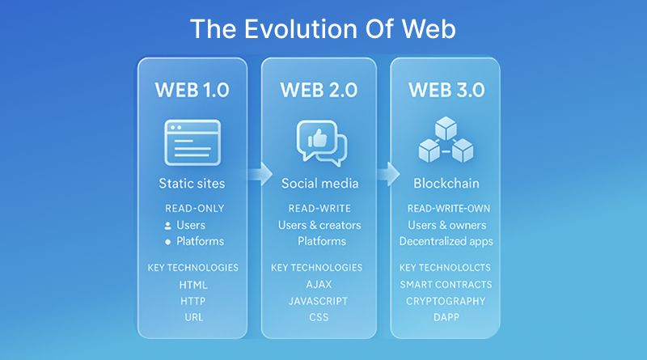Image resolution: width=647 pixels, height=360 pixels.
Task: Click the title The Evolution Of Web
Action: click(323, 29)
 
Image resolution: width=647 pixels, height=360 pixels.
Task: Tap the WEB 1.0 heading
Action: click(192, 90)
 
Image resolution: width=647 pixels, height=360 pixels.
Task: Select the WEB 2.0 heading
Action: click(319, 90)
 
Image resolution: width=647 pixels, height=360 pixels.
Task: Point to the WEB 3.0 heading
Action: click(445, 90)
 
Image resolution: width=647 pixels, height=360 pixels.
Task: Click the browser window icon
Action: click(192, 142)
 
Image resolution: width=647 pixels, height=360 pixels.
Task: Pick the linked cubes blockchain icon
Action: click(445, 141)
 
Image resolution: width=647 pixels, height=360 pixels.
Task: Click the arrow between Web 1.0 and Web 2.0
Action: click(260, 173)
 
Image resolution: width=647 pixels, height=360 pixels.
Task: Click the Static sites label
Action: click(192, 184)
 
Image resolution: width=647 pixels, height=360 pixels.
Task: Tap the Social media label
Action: click(319, 184)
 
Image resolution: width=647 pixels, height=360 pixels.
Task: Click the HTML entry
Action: click(192, 285)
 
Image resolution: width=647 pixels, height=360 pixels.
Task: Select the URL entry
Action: click(192, 316)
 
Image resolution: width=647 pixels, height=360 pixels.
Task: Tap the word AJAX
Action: click(319, 285)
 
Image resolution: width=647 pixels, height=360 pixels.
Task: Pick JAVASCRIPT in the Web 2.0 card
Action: click(319, 301)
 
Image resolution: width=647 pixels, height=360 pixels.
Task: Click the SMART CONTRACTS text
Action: click(445, 285)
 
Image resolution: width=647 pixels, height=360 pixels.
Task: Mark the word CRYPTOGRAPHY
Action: click(445, 301)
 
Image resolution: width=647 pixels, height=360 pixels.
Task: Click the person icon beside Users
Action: click(168, 225)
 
